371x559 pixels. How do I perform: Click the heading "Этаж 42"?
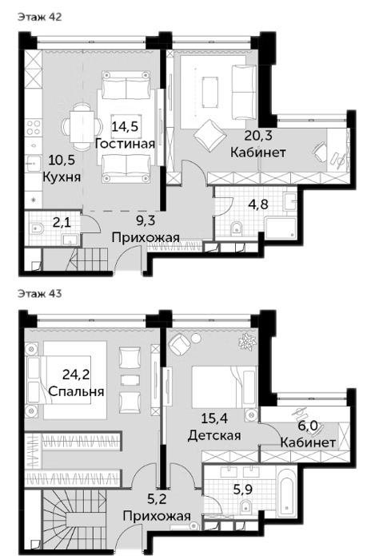point(40,17)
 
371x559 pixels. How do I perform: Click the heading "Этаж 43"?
point(40,293)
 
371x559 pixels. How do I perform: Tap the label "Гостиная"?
point(125,144)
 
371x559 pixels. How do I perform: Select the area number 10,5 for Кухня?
point(62,160)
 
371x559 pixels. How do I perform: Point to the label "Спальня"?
point(76,391)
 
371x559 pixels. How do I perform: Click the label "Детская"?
point(214,435)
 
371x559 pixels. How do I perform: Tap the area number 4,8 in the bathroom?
point(258,204)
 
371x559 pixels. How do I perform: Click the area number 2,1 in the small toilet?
point(62,223)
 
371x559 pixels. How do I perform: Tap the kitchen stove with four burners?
point(34,128)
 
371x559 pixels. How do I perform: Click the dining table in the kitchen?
point(82,126)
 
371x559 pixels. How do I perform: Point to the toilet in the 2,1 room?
point(37,228)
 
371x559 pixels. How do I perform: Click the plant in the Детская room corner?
point(248,340)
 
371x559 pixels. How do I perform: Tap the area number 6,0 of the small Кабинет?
point(308,426)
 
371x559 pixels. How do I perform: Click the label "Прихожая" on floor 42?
point(146,236)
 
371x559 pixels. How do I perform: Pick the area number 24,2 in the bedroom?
point(76,375)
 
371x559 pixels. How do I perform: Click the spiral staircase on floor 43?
point(75,517)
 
